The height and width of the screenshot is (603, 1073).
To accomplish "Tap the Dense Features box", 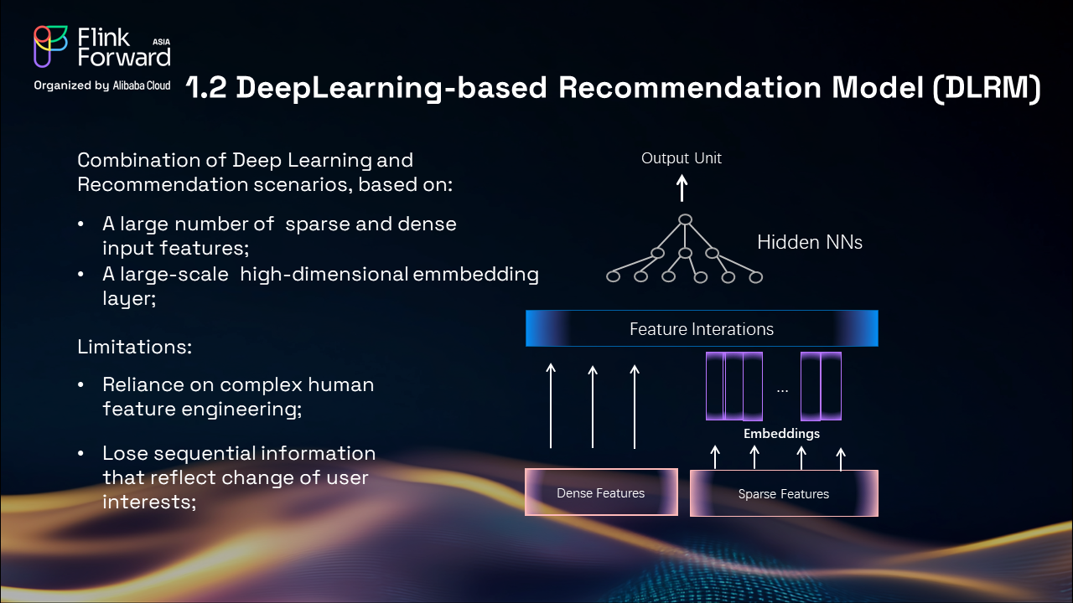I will pyautogui.click(x=601, y=492).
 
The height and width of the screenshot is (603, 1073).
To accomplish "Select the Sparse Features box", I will pyautogui.click(x=784, y=493).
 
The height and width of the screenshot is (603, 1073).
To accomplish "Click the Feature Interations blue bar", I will pyautogui.click(x=702, y=328).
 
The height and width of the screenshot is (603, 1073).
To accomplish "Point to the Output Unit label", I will pyautogui.click(x=682, y=157).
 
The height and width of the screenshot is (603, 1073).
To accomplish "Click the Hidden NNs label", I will pyautogui.click(x=810, y=243).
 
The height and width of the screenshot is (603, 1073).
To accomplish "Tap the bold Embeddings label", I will pyautogui.click(x=782, y=434).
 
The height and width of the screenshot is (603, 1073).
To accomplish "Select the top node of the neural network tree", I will pyautogui.click(x=685, y=220).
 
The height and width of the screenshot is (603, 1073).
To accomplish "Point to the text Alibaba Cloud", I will pyautogui.click(x=142, y=85).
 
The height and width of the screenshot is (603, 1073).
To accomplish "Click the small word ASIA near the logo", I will pyautogui.click(x=162, y=39).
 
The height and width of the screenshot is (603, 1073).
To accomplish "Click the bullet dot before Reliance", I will pyautogui.click(x=81, y=385).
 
